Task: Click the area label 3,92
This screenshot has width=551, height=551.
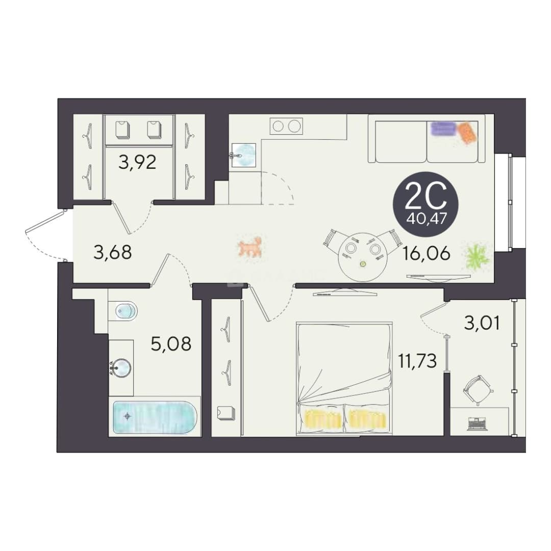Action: pos(137,162)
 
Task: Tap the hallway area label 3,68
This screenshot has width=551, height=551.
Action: pos(113,252)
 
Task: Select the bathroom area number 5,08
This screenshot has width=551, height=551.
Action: pos(171,343)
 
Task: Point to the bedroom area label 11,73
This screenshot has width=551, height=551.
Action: pos(417,361)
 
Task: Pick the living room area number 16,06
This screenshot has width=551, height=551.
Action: pos(426,253)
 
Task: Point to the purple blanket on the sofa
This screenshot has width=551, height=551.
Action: pos(443,129)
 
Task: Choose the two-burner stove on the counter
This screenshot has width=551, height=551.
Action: pos(286,126)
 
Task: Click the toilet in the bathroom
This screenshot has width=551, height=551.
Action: pos(122,311)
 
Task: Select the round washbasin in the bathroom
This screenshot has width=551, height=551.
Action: pos(121,368)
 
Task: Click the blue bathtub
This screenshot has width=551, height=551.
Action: pos(155,417)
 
